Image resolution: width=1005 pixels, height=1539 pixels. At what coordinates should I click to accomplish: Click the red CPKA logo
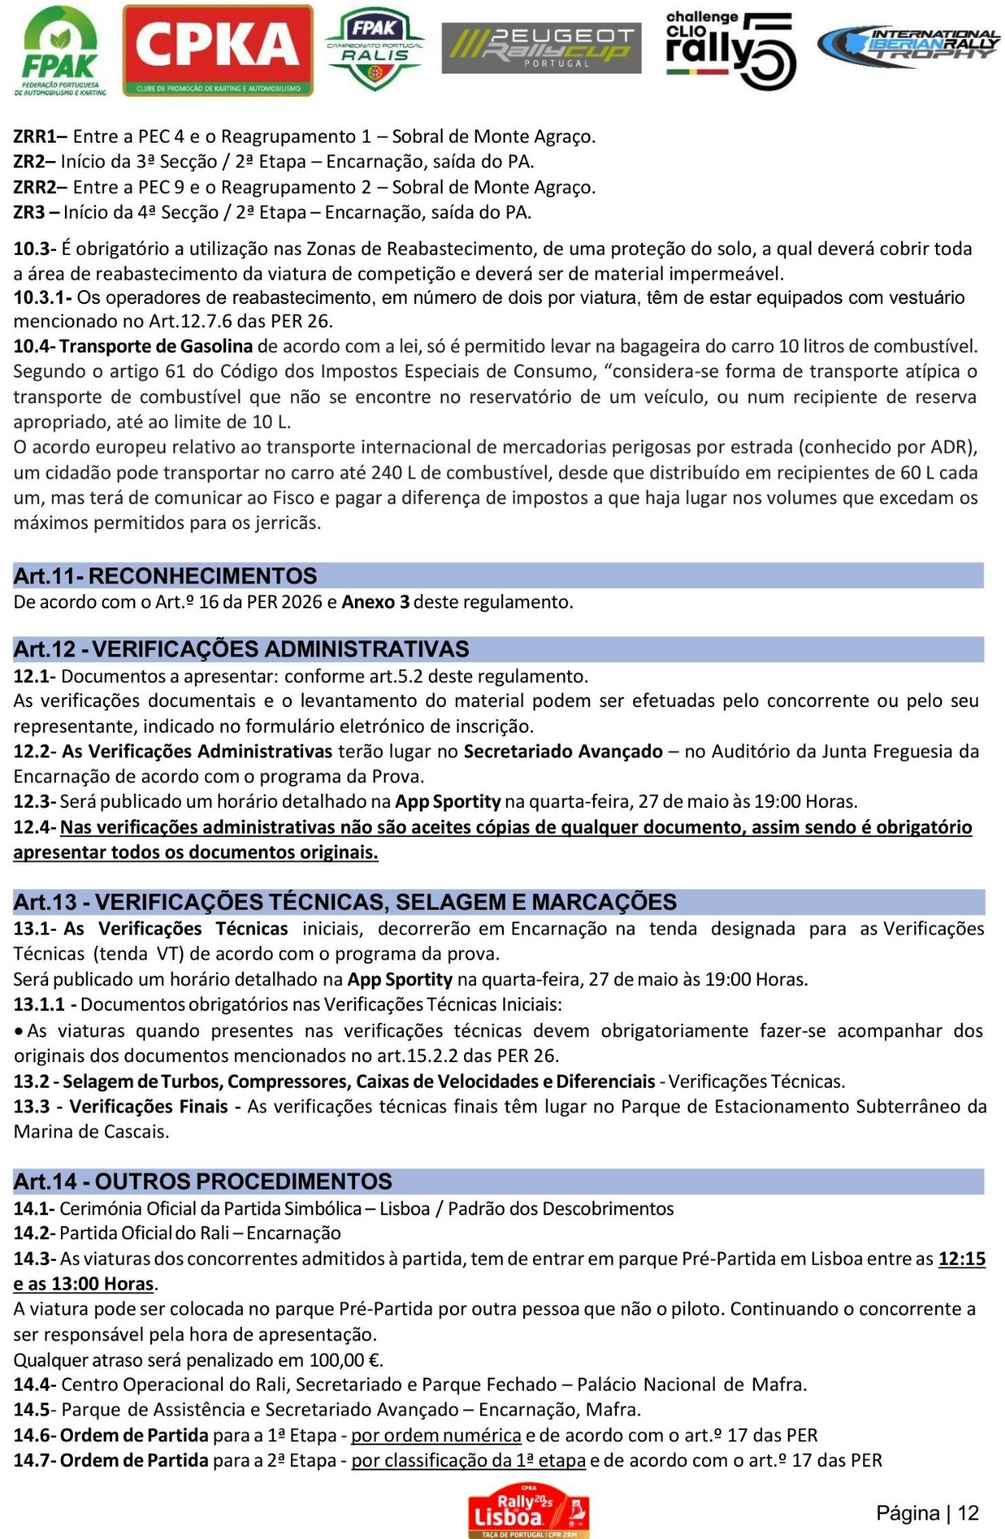pyautogui.click(x=217, y=50)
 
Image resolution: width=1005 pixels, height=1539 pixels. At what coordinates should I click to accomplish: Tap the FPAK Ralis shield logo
pyautogui.click(x=374, y=50)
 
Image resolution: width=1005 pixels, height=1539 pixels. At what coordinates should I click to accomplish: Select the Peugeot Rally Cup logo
pyautogui.click(x=541, y=48)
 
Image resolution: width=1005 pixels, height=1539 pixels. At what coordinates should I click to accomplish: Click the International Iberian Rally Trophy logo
pyautogui.click(x=909, y=46)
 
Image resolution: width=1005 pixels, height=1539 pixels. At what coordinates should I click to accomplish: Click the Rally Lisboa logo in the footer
pyautogui.click(x=529, y=1510)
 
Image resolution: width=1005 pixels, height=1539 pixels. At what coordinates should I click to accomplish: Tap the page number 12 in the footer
pyautogui.click(x=968, y=1513)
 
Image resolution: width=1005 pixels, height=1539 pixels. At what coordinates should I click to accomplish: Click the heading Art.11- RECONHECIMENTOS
pyautogui.click(x=165, y=576)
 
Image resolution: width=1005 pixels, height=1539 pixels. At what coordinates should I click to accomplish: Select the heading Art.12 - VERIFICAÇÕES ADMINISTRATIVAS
pyautogui.click(x=241, y=648)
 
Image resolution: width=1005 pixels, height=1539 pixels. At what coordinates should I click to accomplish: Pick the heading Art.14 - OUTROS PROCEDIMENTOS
pyautogui.click(x=203, y=1181)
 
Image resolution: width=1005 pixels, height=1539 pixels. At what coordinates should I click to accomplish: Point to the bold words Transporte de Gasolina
pyautogui.click(x=156, y=346)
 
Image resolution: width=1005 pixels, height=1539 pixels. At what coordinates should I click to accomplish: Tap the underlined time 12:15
pyautogui.click(x=962, y=1258)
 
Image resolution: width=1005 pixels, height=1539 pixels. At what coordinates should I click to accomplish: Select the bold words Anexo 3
pyautogui.click(x=375, y=602)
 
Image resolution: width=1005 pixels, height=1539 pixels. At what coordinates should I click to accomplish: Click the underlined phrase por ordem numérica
pyautogui.click(x=436, y=1435)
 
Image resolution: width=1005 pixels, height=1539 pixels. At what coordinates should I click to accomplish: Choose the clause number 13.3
pyautogui.click(x=31, y=1106)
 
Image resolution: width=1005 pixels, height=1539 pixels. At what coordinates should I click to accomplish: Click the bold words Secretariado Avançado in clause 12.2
pyautogui.click(x=563, y=751)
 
